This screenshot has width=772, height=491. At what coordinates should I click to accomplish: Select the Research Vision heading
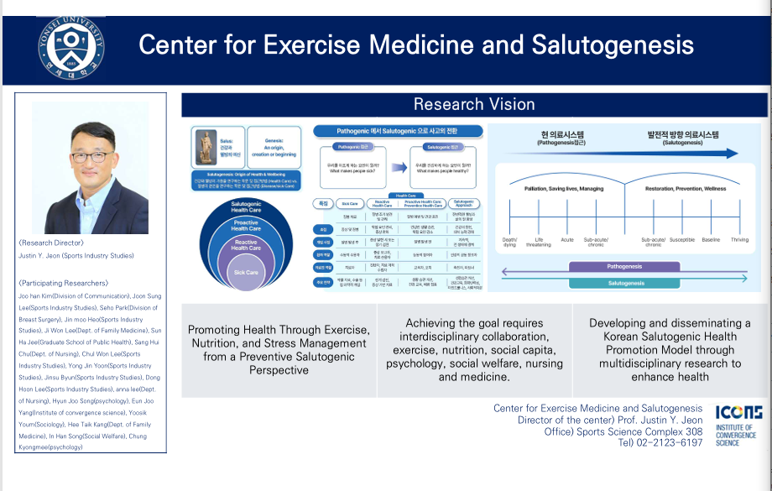(x=474, y=104)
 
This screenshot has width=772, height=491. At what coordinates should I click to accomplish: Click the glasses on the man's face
(x=91, y=157)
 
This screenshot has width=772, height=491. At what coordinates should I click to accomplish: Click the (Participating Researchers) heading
(x=63, y=283)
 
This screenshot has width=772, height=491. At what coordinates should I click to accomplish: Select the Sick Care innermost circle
(x=246, y=274)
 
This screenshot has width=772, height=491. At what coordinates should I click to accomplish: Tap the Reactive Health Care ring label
(x=246, y=244)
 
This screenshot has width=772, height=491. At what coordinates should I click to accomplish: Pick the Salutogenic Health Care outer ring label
(x=246, y=207)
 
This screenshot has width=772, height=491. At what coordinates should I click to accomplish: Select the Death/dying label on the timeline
(x=510, y=242)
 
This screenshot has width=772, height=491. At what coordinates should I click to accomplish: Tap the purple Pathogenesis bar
(x=624, y=266)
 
